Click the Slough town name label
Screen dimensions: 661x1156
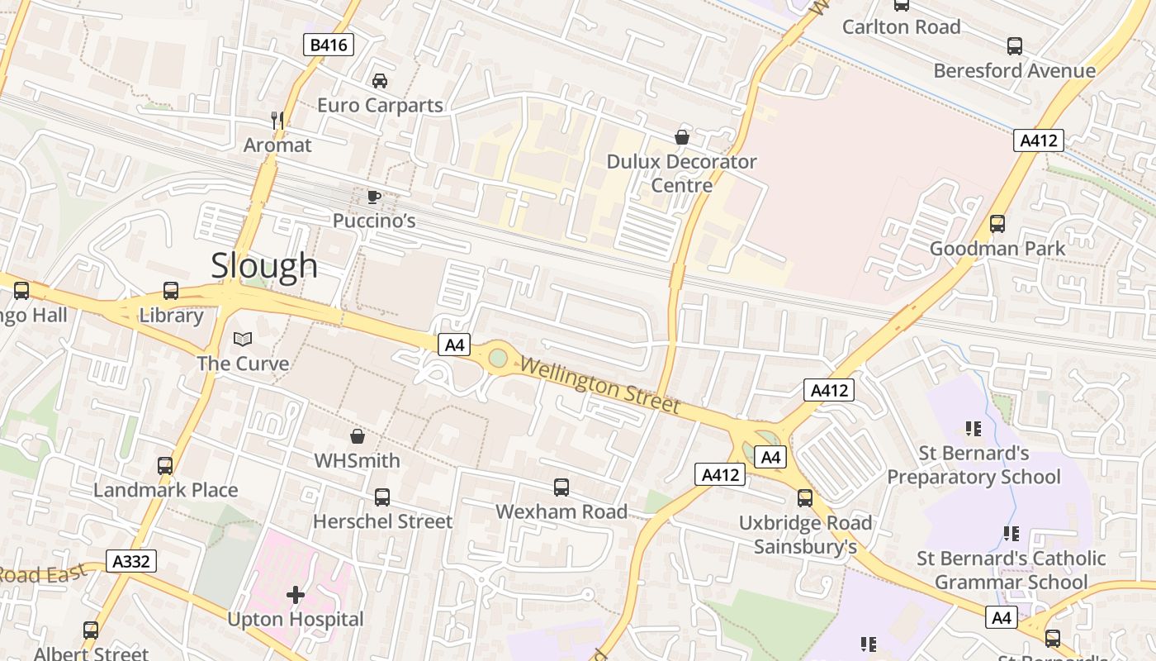pyautogui.click(x=264, y=265)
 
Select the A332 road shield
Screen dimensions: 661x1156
pyautogui.click(x=131, y=562)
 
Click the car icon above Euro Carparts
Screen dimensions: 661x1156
pyautogui.click(x=380, y=81)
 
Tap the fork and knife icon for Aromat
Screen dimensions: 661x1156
pyautogui.click(x=277, y=121)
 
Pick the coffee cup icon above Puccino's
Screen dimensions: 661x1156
pyautogui.click(x=374, y=197)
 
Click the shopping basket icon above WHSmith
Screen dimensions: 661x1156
pyautogui.click(x=358, y=435)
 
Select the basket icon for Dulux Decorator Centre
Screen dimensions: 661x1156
pyautogui.click(x=682, y=136)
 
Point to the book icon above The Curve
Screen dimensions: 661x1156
pyautogui.click(x=243, y=339)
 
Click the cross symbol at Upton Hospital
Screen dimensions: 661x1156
pyautogui.click(x=296, y=594)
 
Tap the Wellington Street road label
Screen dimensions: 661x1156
pyautogui.click(x=599, y=386)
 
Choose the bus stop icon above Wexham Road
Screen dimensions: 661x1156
pyautogui.click(x=561, y=487)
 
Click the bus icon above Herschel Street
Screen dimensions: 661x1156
pyautogui.click(x=382, y=497)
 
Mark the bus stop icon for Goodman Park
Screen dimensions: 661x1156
pyautogui.click(x=997, y=224)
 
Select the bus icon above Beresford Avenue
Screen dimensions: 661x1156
pyautogui.click(x=1015, y=46)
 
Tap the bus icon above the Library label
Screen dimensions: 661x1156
pyautogui.click(x=171, y=291)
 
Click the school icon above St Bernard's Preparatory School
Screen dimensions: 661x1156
pyautogui.click(x=974, y=428)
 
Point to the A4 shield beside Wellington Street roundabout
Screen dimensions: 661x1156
pyautogui.click(x=455, y=345)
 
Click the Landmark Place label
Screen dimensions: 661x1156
pyautogui.click(x=165, y=490)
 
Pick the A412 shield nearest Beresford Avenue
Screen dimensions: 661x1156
pyautogui.click(x=1038, y=140)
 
